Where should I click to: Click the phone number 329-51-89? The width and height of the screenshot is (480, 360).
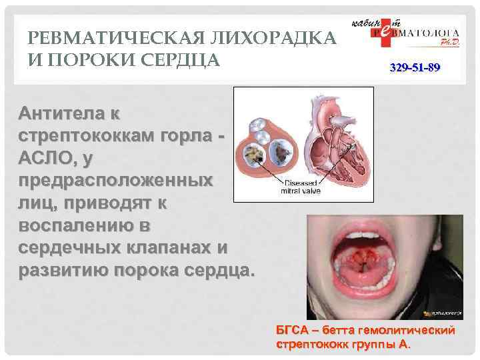point(414,69)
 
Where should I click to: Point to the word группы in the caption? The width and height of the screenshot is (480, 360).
point(373,345)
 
